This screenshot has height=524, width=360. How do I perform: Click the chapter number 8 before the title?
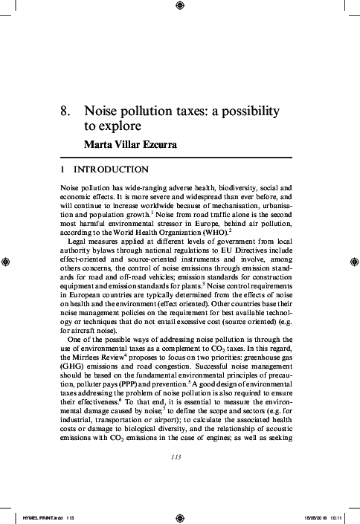point(65,111)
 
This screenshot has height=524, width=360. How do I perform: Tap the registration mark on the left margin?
point(6,262)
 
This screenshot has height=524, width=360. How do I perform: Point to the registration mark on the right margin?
point(354,262)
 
